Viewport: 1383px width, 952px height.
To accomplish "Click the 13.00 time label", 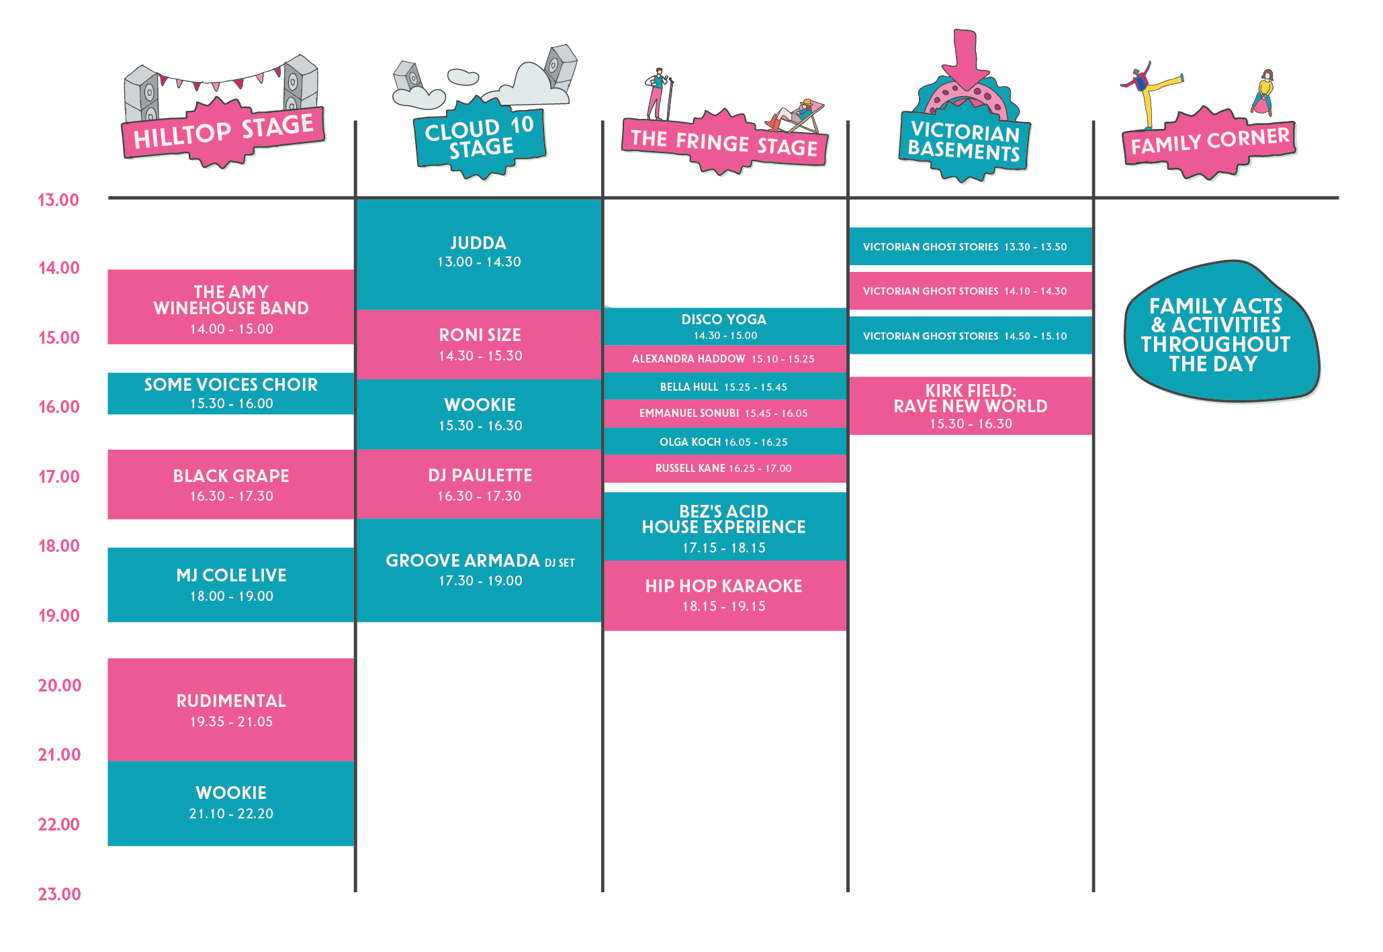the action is (58, 200).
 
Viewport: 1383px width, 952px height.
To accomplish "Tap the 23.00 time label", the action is (59, 894).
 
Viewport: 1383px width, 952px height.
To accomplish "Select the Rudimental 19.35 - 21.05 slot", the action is (231, 710).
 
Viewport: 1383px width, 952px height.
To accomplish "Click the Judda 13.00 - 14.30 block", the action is (479, 254).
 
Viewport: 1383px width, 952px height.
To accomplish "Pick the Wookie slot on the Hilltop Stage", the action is (231, 803).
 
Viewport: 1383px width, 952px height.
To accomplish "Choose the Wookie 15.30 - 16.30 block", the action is (479, 414).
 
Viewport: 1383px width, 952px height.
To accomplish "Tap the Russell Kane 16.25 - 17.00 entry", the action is (725, 469).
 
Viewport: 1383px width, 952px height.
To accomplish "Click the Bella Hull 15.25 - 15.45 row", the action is (725, 387).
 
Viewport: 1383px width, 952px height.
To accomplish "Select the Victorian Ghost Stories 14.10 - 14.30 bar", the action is (971, 291).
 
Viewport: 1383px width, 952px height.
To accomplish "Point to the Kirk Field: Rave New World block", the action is (971, 406).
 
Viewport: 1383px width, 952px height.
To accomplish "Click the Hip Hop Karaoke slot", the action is (725, 596).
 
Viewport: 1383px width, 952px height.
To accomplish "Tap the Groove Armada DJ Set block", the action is (479, 570).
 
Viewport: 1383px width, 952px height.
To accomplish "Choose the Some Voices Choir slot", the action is (231, 393).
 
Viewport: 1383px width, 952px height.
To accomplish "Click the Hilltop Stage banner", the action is (224, 133).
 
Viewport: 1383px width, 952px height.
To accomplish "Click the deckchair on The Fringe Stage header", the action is (797, 116).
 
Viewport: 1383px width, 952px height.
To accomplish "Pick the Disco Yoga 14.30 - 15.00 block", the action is (725, 327).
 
